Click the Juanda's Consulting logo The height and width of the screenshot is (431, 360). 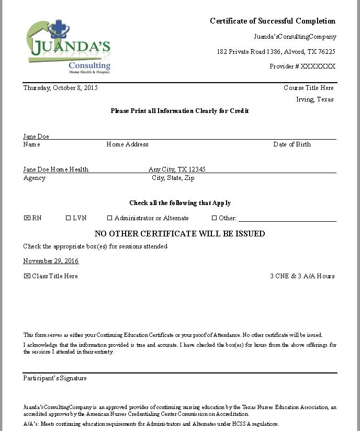68,46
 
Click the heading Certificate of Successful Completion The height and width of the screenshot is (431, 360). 273,21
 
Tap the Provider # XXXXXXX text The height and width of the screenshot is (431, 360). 302,66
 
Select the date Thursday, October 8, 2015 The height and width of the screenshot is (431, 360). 60,88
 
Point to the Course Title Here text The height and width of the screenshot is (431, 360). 308,88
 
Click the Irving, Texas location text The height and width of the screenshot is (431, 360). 314,99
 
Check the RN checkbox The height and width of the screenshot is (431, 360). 27,218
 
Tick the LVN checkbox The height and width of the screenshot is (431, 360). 68,218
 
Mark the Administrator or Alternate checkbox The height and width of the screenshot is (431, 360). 110,218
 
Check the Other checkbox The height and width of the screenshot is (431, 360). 214,218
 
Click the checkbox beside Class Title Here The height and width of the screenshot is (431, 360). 27,276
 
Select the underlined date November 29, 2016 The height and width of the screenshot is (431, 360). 51,261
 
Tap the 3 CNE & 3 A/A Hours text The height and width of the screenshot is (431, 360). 302,276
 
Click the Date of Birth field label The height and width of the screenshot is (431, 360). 291,144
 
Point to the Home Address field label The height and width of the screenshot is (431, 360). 127,144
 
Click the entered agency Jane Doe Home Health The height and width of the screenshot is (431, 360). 55,169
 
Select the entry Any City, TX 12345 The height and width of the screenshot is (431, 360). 177,169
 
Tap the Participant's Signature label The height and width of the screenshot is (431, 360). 55,378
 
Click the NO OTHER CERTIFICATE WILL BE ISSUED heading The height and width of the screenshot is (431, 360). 179,234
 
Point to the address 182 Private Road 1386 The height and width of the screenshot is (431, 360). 249,52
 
